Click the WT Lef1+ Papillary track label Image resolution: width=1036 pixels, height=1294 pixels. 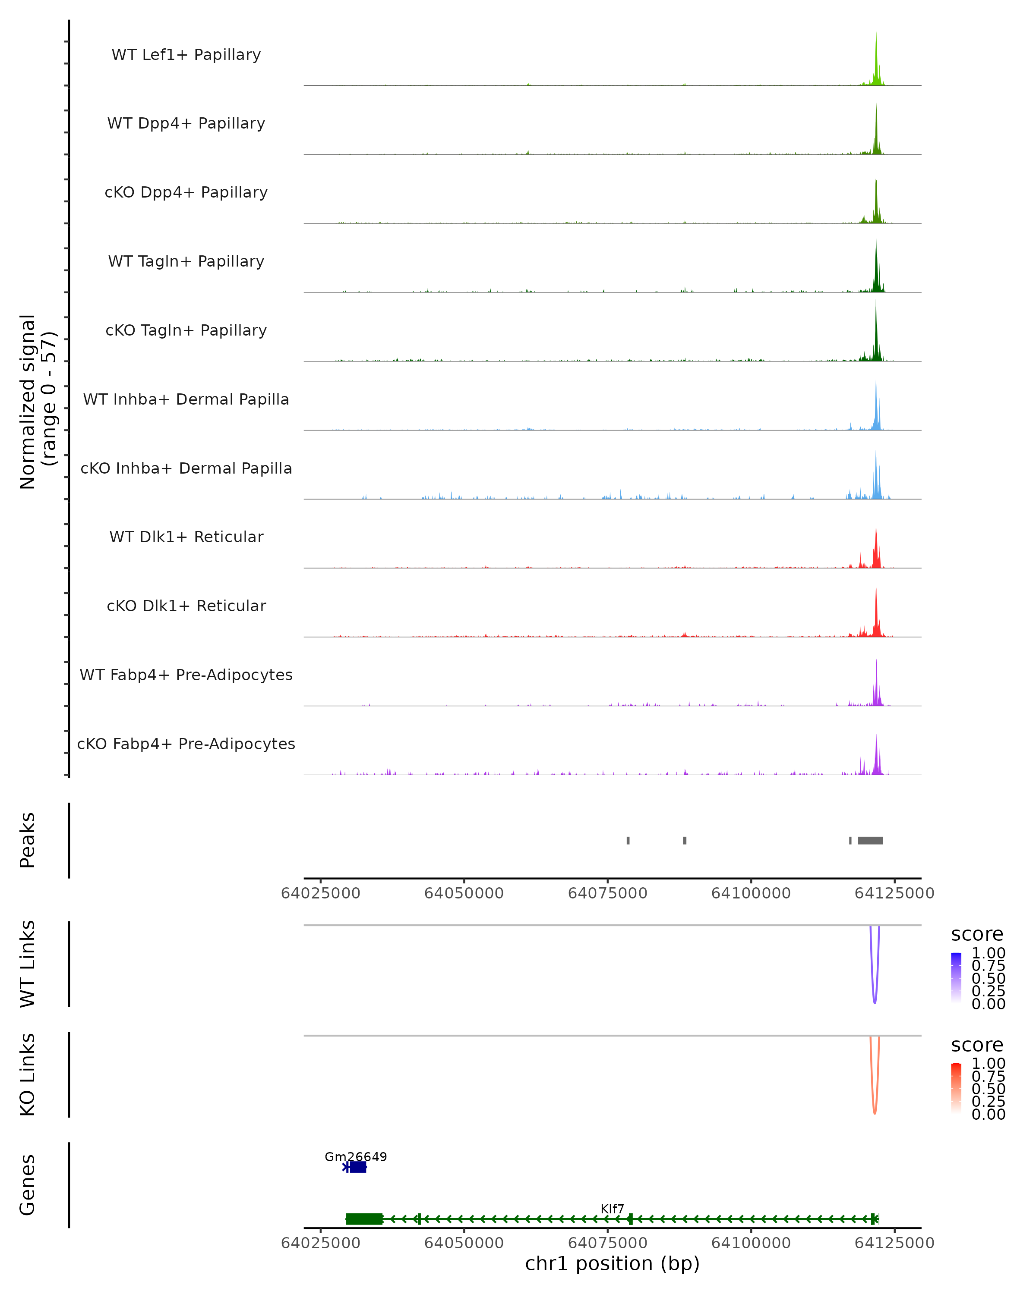tap(186, 55)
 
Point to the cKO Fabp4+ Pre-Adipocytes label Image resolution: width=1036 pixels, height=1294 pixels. tap(186, 744)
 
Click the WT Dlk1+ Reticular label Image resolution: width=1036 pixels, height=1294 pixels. tap(186, 537)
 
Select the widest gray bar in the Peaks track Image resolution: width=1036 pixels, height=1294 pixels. tap(870, 840)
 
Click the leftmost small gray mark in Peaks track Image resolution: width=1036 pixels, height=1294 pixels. tap(628, 840)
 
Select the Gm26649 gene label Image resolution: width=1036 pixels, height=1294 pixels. tap(356, 1156)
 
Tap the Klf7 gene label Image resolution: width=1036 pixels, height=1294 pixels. tap(612, 1209)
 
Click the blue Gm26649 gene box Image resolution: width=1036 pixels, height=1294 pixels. tap(358, 1167)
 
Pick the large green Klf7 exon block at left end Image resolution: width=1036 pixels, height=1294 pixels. tap(364, 1219)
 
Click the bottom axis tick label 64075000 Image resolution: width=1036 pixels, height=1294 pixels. tap(607, 1243)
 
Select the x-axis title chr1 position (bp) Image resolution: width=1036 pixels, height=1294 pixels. tap(612, 1264)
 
